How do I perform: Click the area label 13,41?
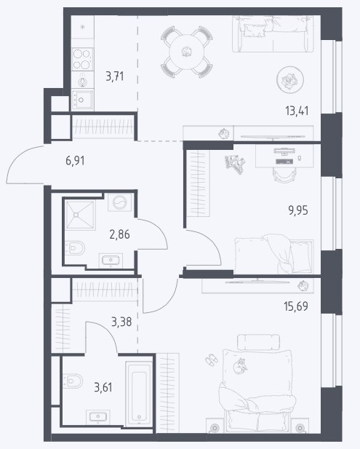[297, 111]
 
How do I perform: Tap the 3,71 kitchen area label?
[115, 76]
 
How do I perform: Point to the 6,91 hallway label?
[75, 161]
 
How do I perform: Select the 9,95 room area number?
[298, 210]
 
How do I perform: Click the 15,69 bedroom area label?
[296, 306]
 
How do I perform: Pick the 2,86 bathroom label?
[119, 234]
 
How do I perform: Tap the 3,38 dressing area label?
[121, 322]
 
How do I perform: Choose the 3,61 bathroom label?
[103, 387]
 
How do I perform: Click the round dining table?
[187, 52]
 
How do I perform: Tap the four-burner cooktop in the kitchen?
[82, 59]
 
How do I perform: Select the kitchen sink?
[82, 100]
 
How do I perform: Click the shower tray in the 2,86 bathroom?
[80, 215]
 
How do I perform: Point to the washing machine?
[119, 202]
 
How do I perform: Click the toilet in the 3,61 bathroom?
[73, 381]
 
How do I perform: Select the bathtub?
[139, 393]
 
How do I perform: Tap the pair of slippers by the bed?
[212, 359]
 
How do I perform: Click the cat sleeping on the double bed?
[239, 366]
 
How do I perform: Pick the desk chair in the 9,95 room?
[284, 175]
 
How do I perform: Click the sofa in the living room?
[273, 33]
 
